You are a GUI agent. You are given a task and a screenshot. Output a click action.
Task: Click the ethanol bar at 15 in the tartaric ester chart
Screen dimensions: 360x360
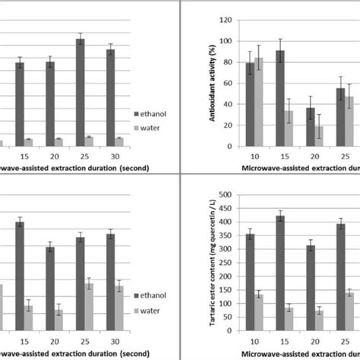click(281, 273)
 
